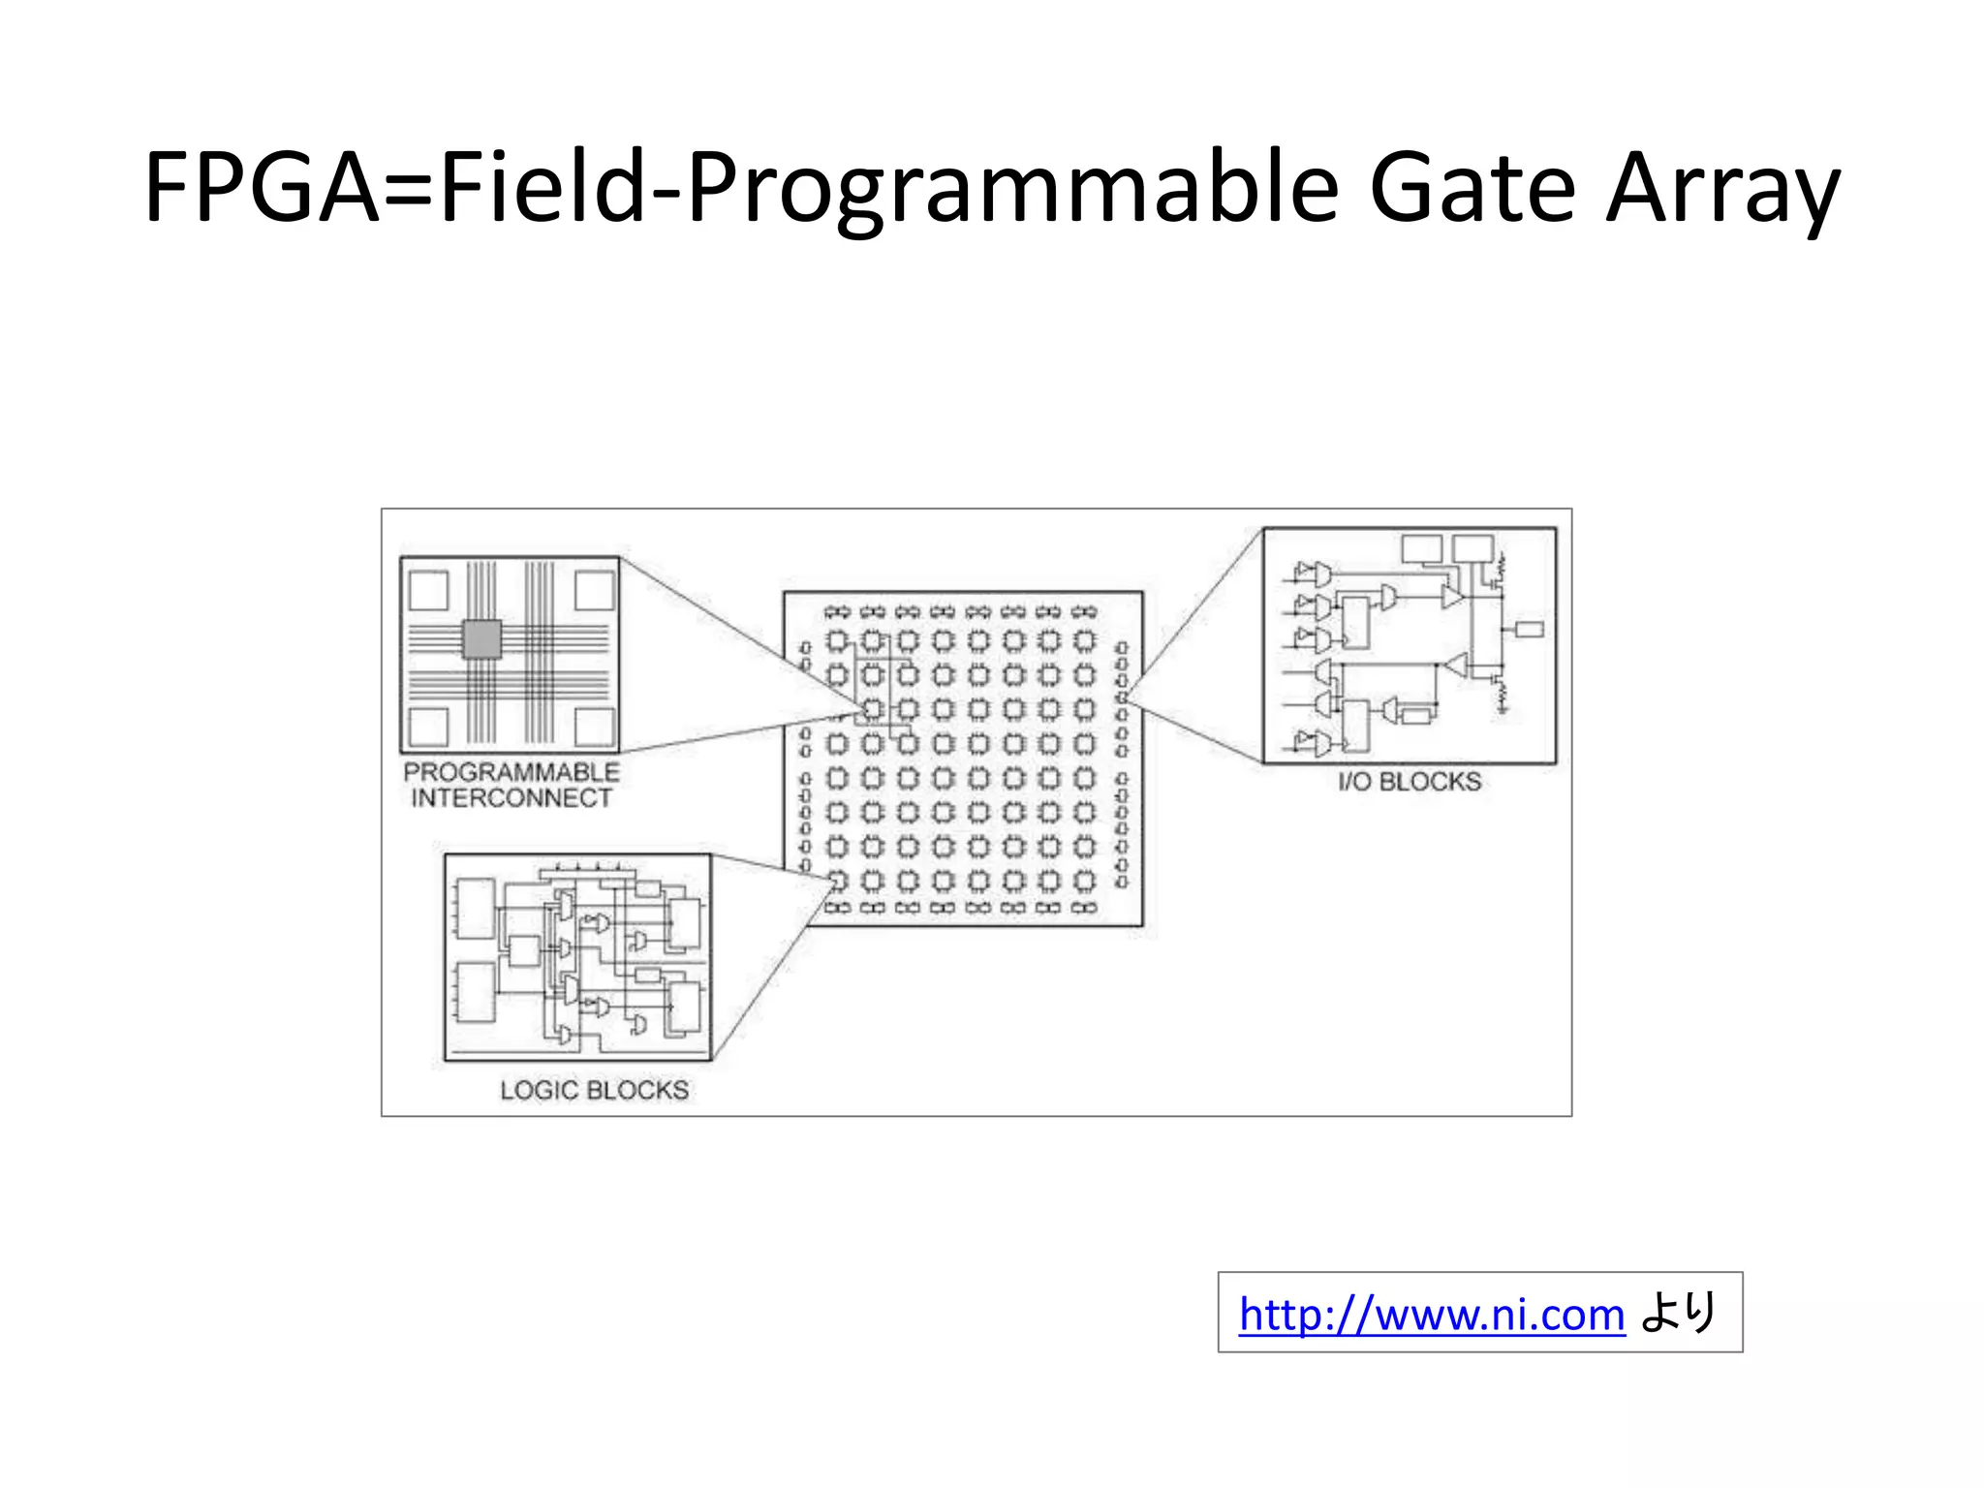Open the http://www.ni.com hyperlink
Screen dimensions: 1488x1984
[x=1431, y=1315]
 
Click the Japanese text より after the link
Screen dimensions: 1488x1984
[x=1679, y=1313]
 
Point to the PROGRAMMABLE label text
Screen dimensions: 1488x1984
[x=511, y=772]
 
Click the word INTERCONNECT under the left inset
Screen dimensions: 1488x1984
[x=511, y=798]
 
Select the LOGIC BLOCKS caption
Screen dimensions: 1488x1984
[x=594, y=1090]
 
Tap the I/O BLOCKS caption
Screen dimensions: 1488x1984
[x=1410, y=782]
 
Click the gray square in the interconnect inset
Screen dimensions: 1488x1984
[x=481, y=638]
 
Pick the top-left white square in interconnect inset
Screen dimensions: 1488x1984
[x=428, y=590]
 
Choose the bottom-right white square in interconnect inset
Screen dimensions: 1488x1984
[x=594, y=727]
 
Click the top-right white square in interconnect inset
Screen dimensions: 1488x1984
[x=594, y=590]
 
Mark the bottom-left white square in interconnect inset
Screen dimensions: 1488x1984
[x=428, y=727]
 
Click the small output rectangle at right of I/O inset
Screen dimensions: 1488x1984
[x=1529, y=630]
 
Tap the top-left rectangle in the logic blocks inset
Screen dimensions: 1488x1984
[x=476, y=909]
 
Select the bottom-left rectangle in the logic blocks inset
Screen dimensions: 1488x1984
[x=476, y=992]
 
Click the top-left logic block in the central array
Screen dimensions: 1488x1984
[x=837, y=640]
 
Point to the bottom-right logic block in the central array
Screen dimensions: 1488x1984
[x=1085, y=881]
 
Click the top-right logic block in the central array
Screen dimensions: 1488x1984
[x=1085, y=640]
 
